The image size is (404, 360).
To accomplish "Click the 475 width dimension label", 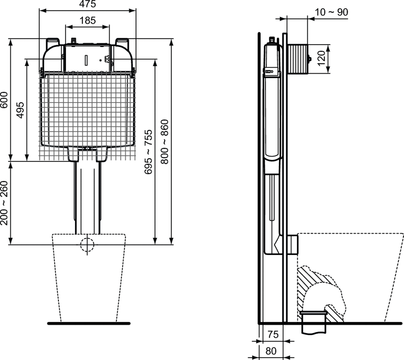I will tap(87, 4).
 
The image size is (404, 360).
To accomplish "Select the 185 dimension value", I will tap(87, 21).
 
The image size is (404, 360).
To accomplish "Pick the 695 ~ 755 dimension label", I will tap(148, 152).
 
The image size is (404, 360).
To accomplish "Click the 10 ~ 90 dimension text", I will tap(331, 12).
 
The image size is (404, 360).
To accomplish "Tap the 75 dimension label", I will tap(272, 334).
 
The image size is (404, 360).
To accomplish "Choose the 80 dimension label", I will tap(272, 350).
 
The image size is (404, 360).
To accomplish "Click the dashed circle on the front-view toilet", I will tap(87, 244).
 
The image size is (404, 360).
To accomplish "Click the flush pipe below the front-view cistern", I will tap(87, 197).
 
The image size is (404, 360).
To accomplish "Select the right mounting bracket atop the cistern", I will tap(122, 42).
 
